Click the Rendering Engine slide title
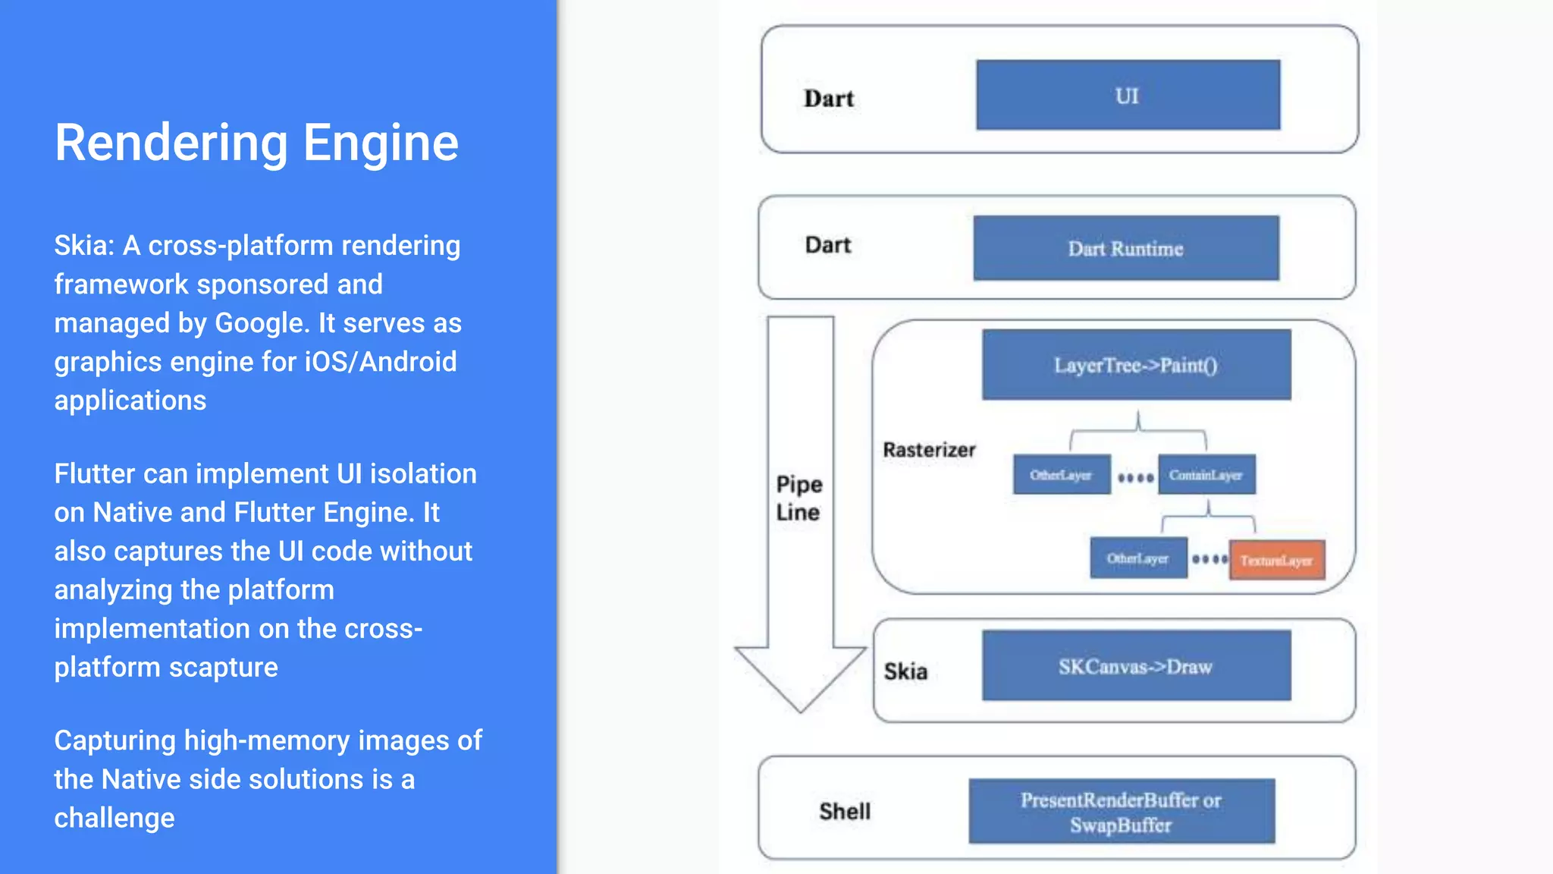tap(256, 143)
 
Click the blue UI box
tap(1128, 96)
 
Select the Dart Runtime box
tap(1126, 249)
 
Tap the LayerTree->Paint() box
tap(1136, 365)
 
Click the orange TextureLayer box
tap(1277, 561)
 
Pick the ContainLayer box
tap(1206, 475)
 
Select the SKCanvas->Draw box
tap(1136, 666)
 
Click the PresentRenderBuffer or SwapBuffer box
tap(1122, 812)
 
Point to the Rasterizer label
tap(929, 450)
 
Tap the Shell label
tap(845, 811)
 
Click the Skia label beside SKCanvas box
tap(905, 671)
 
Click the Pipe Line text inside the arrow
tap(799, 498)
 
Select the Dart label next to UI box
tap(829, 99)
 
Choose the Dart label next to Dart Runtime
tap(828, 245)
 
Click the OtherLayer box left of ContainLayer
tap(1061, 475)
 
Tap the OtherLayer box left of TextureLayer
tap(1137, 559)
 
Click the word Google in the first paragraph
tap(262, 323)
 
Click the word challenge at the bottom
tap(115, 818)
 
